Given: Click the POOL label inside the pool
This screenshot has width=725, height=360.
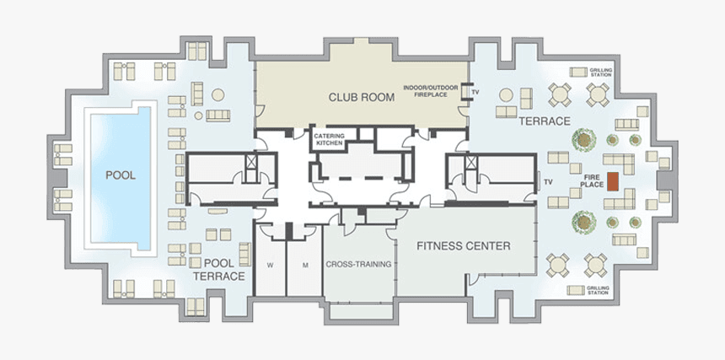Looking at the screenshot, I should coord(121,175).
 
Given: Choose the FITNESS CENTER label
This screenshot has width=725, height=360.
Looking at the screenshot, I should coord(464,246).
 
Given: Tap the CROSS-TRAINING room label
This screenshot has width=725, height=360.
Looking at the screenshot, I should coord(358,264).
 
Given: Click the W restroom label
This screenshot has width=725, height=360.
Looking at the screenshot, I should coord(270,265).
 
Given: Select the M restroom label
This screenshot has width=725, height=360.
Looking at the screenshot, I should coord(305,265).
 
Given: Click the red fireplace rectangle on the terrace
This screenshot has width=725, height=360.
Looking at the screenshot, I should coord(615,181).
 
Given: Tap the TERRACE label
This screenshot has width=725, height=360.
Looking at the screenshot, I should coord(545,121).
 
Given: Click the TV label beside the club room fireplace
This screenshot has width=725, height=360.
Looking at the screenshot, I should coord(475,91).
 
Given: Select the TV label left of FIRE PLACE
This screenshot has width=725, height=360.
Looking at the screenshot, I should coord(548,180).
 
